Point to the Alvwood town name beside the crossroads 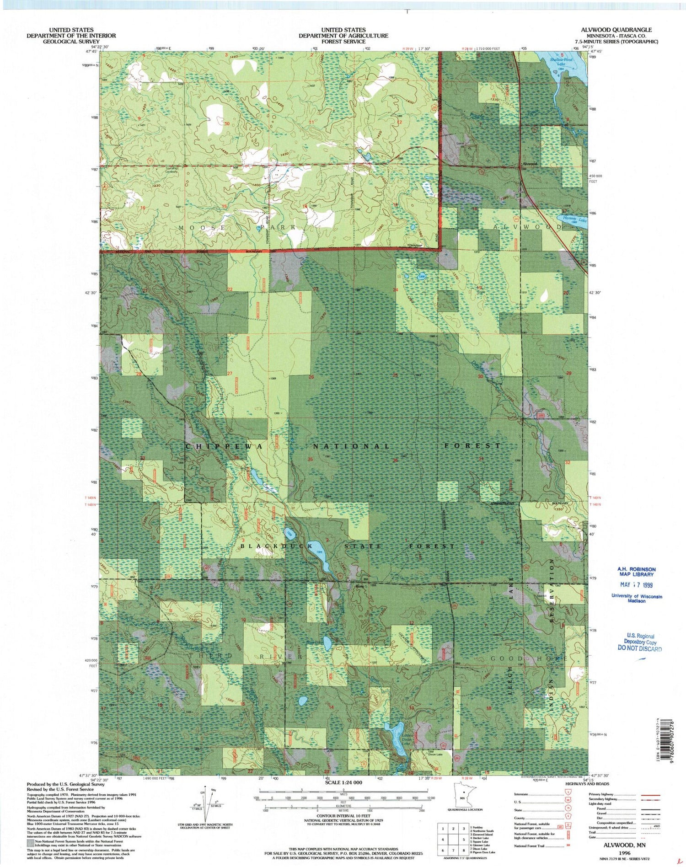pyautogui.click(x=530, y=163)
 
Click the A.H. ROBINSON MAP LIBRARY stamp pyautogui.click(x=636, y=572)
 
